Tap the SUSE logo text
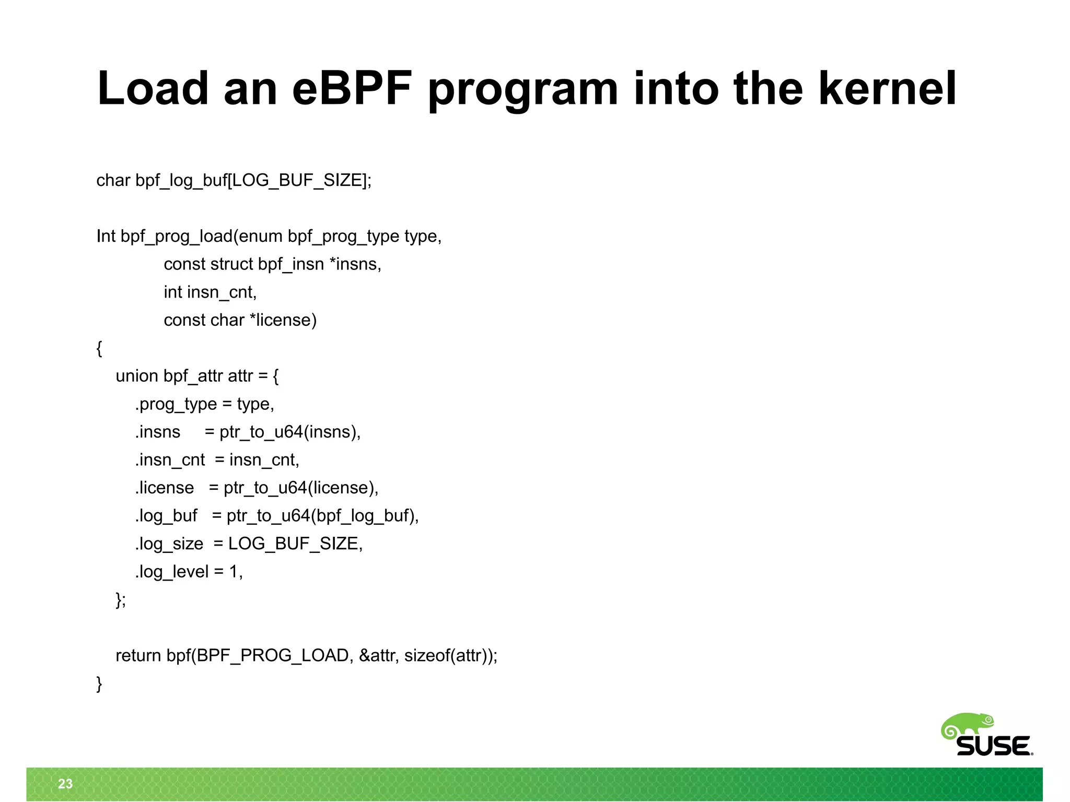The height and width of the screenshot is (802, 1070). click(x=994, y=746)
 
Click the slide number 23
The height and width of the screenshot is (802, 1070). click(x=65, y=783)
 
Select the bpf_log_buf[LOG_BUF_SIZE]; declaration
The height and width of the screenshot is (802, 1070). click(x=253, y=181)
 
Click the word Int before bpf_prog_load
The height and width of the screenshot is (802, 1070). click(x=106, y=237)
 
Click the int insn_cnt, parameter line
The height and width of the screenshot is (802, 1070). click(x=210, y=292)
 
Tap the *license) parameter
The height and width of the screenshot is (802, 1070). click(x=283, y=320)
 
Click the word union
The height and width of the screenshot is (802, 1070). click(x=136, y=376)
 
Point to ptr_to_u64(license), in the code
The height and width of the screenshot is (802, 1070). click(x=300, y=488)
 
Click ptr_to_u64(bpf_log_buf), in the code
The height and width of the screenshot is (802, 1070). click(x=322, y=516)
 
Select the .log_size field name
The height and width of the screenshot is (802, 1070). click(x=169, y=544)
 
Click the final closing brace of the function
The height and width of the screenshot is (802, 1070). click(x=99, y=683)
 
